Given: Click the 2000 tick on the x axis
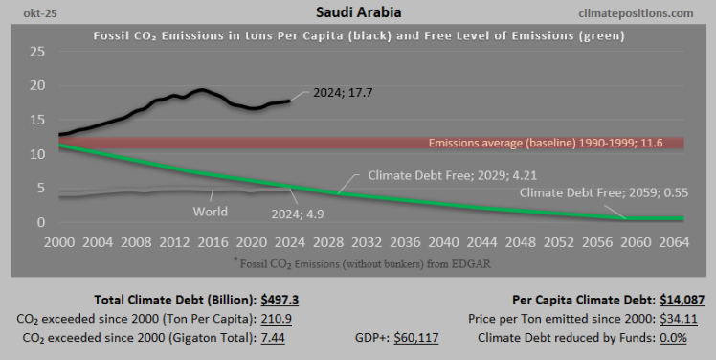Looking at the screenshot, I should tap(59, 241).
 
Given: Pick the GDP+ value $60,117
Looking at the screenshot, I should tap(463, 337).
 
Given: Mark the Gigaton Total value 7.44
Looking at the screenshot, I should tap(275, 337).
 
